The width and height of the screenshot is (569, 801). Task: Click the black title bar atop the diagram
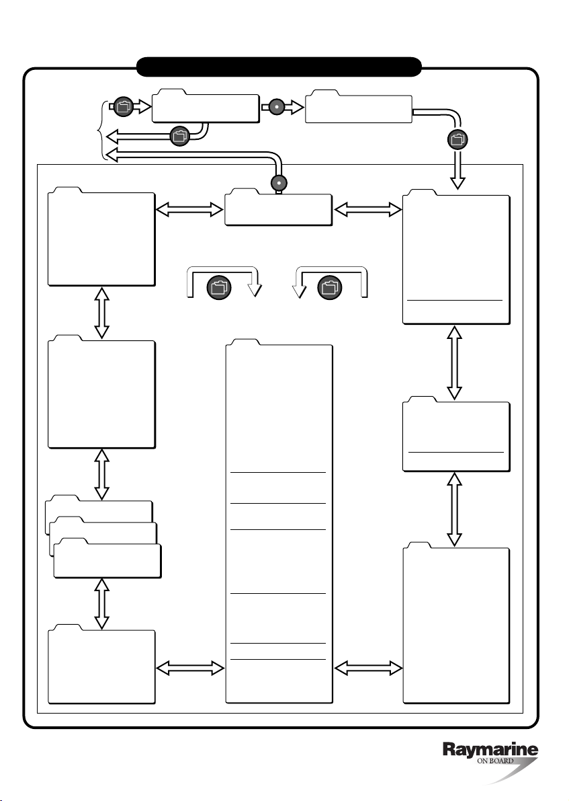pyautogui.click(x=279, y=67)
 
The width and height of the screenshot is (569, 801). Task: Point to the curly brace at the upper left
pyautogui.click(x=102, y=130)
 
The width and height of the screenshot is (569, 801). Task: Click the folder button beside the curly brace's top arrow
pyautogui.click(x=123, y=105)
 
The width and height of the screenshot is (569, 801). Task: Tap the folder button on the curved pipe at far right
pyautogui.click(x=457, y=139)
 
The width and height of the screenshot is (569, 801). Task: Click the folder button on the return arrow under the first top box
pyautogui.click(x=179, y=135)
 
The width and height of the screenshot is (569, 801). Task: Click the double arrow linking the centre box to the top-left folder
pyautogui.click(x=189, y=211)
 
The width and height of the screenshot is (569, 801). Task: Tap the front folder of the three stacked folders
pyautogui.click(x=107, y=560)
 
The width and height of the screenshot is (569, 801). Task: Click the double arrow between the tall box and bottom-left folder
pyautogui.click(x=189, y=667)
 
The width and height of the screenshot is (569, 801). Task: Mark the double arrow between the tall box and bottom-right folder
pyautogui.click(x=367, y=667)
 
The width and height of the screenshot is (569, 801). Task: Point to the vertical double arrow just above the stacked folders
pyautogui.click(x=102, y=474)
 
